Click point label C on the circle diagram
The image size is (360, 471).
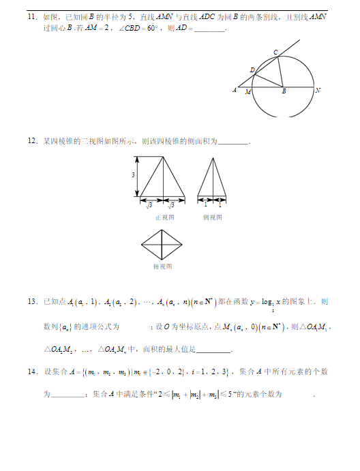point(275,52)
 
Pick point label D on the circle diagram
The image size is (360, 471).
point(252,70)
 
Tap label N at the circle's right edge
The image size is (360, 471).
point(318,90)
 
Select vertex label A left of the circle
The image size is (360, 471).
point(235,90)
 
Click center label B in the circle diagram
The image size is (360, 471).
point(284,91)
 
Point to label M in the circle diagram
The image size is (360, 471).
point(247,91)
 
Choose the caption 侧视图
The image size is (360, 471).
point(212,217)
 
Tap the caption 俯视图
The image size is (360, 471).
point(162,267)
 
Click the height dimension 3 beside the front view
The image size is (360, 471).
point(134,176)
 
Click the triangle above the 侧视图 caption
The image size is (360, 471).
point(212,179)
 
